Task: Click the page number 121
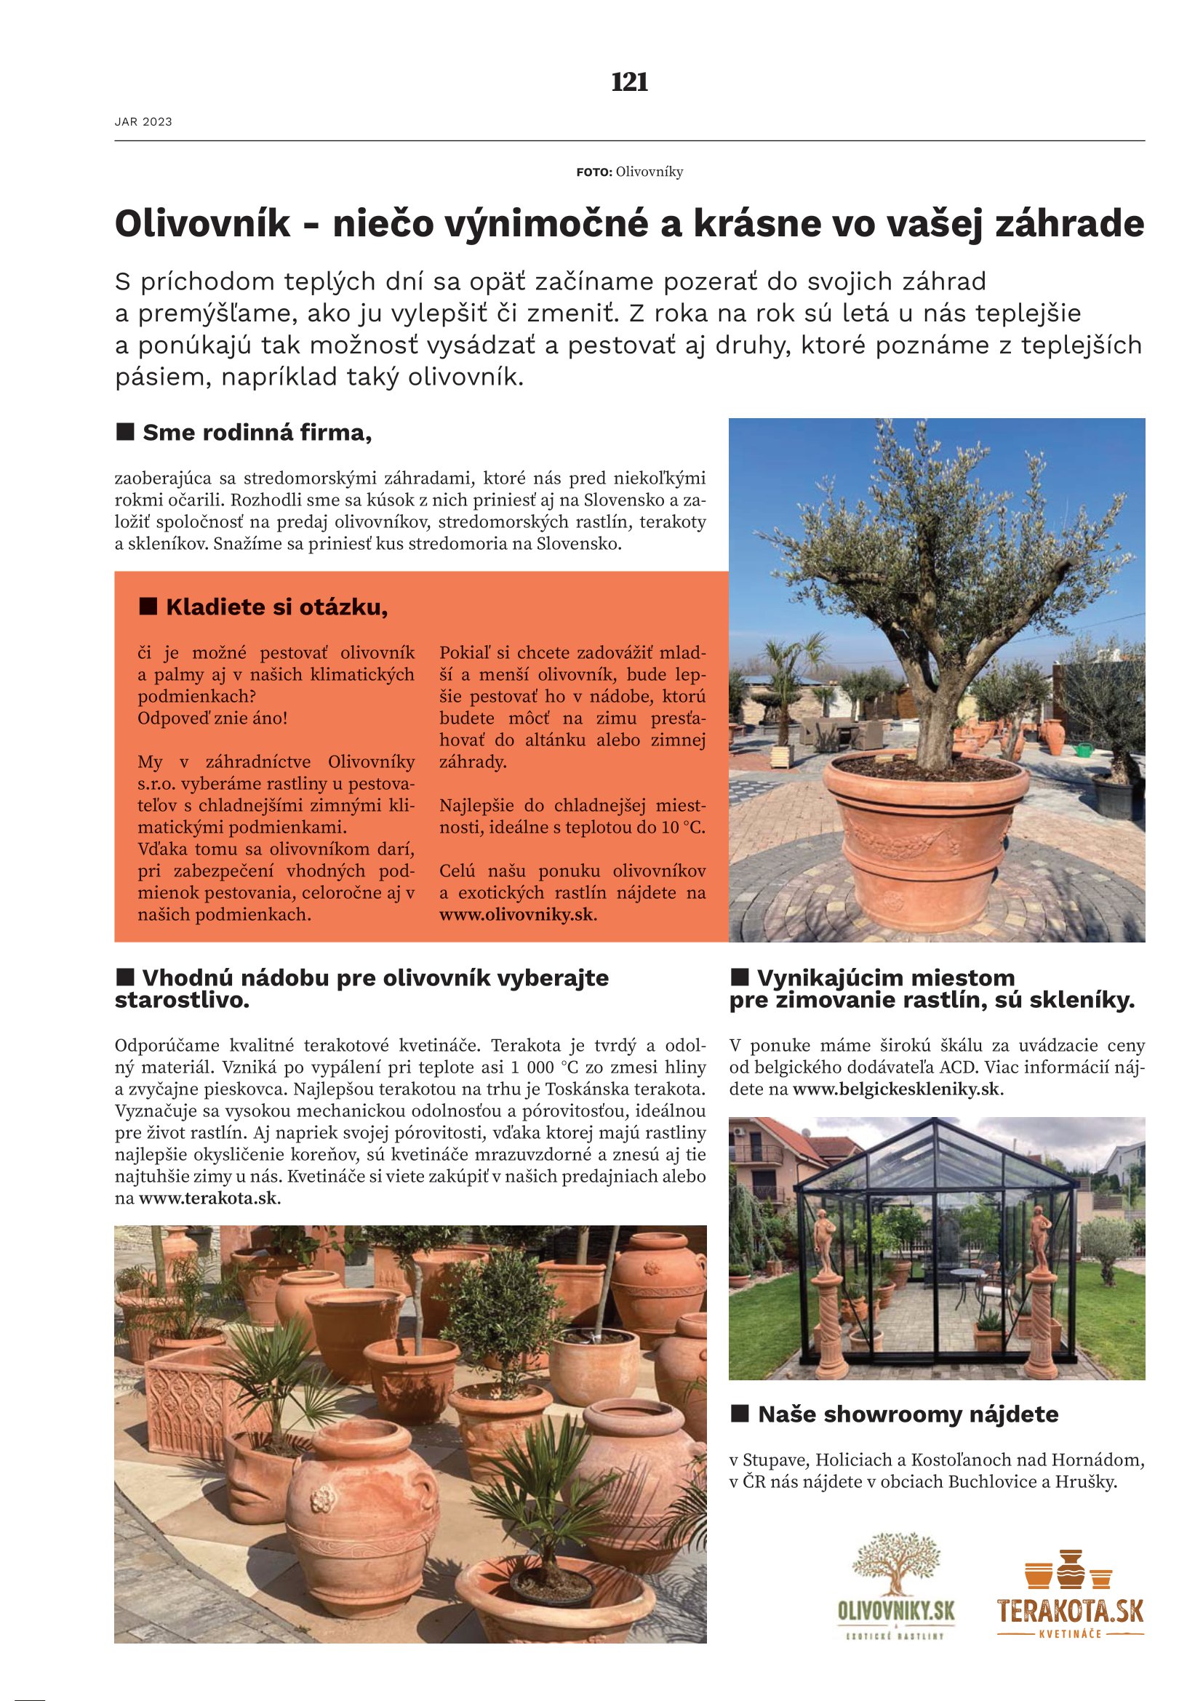tap(629, 81)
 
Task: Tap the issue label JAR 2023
tap(143, 122)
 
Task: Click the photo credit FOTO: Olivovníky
tap(629, 172)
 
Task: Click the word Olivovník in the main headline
tap(203, 224)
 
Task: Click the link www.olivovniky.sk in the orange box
tap(516, 914)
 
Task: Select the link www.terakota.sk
tap(207, 1198)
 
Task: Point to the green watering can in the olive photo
tap(1085, 750)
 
